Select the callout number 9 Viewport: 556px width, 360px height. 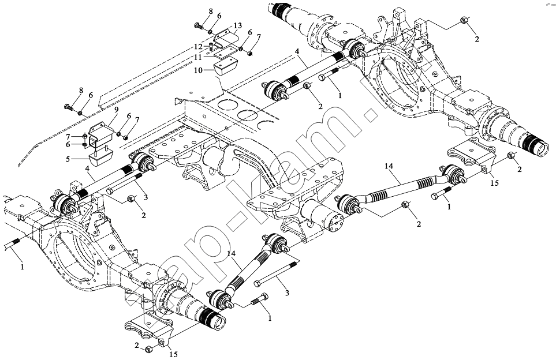tap(116, 110)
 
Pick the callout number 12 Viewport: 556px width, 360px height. tap(198, 46)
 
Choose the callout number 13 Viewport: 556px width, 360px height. tap(238, 26)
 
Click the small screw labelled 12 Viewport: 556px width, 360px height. tap(212, 46)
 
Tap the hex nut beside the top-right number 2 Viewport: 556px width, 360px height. tap(465, 21)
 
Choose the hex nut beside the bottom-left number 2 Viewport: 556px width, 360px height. tap(149, 348)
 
